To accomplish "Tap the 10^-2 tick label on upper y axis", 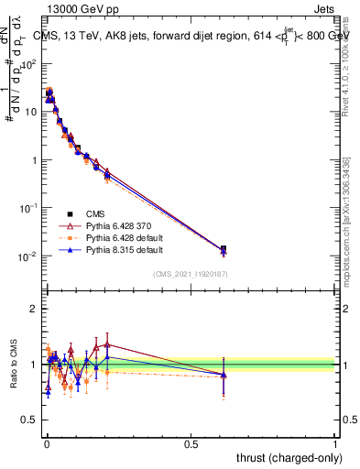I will point(27,256).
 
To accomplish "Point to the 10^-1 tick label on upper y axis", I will point(27,208).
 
